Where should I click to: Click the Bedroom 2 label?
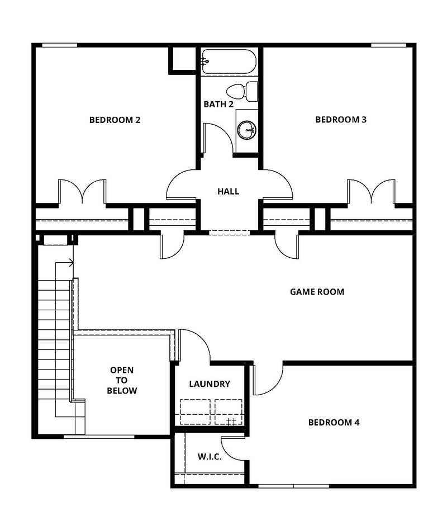[x=115, y=120]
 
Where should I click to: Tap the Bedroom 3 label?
[x=341, y=120]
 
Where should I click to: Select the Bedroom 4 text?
[x=334, y=423]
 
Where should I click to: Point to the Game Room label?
[x=317, y=292]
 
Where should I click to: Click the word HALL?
[x=228, y=192]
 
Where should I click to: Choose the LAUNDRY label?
[x=210, y=384]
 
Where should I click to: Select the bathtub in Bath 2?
[x=229, y=61]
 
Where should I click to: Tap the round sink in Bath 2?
[x=246, y=130]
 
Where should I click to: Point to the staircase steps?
[x=48, y=347]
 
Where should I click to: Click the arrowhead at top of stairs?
[x=72, y=262]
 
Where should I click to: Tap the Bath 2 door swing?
[x=218, y=137]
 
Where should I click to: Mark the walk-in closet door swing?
[x=232, y=447]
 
